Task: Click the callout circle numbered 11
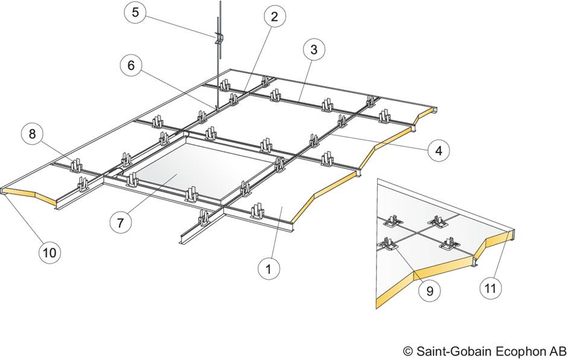click(x=492, y=288)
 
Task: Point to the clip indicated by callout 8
click(x=77, y=163)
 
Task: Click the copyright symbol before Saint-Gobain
click(x=408, y=350)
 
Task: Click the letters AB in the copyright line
click(x=556, y=350)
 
